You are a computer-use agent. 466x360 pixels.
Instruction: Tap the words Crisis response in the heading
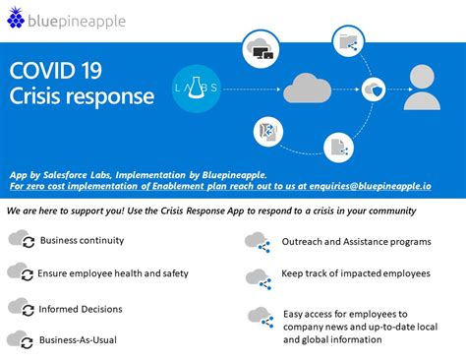(82, 96)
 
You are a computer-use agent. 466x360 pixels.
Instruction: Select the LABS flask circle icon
(195, 86)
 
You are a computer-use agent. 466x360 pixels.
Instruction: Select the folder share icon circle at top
(349, 41)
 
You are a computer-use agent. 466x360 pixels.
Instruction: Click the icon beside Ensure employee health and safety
(19, 272)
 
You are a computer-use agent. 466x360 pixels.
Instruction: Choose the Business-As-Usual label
(79, 339)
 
